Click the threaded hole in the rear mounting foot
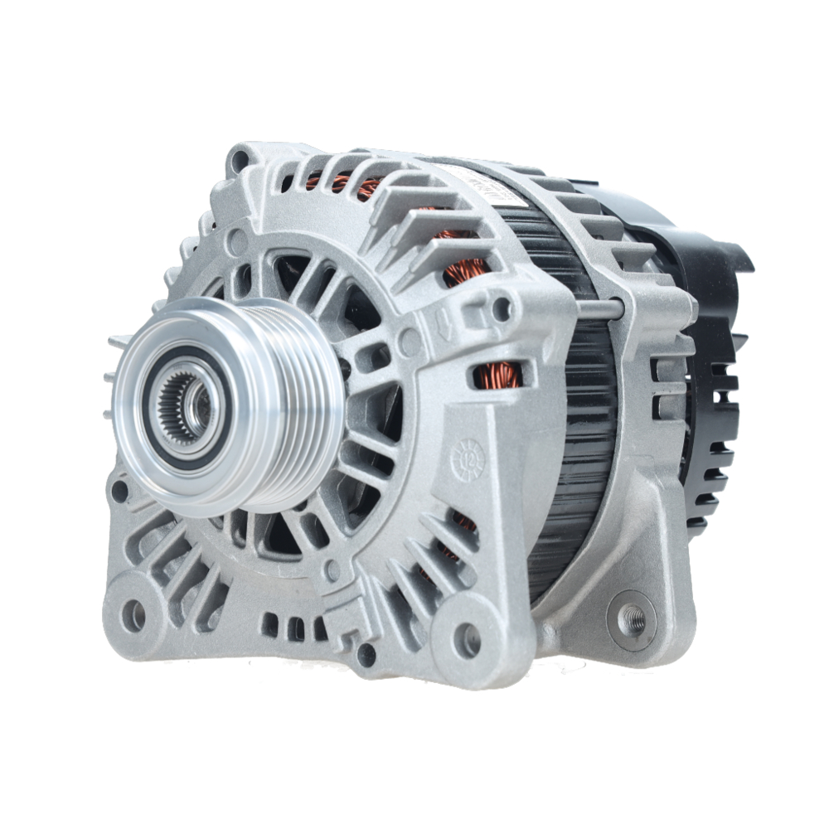coord(632,618)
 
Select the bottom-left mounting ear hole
coord(133,614)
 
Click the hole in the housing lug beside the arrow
coord(501,309)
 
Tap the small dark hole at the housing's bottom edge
coord(366,656)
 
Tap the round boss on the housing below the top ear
coord(238,242)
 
